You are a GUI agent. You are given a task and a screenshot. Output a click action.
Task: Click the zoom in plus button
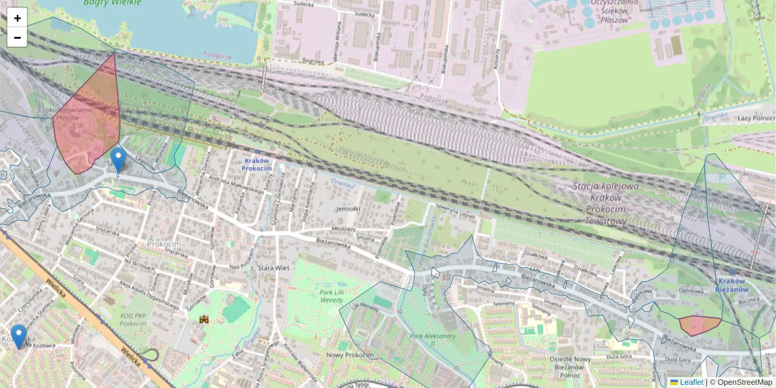[x=17, y=18]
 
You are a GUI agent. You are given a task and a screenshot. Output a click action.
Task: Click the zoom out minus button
[x=17, y=38]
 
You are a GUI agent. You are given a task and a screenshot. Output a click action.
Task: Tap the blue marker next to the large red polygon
[x=118, y=159]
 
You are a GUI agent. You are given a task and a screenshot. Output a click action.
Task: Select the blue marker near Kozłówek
[x=19, y=336]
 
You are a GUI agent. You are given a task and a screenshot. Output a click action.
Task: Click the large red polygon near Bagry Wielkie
[x=87, y=120]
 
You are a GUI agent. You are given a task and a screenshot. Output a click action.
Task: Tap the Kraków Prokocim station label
[x=257, y=164]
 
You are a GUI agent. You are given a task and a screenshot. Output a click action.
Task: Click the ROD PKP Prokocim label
[x=133, y=319]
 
